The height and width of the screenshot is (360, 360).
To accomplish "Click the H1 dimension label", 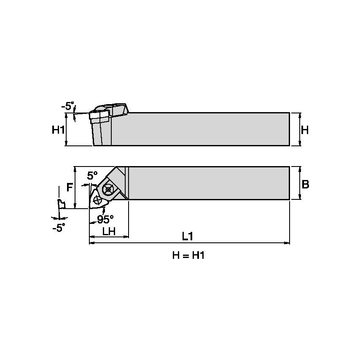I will click(58, 130).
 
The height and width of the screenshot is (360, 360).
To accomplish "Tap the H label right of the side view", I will click(305, 130).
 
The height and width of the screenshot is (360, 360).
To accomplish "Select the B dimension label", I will click(306, 184).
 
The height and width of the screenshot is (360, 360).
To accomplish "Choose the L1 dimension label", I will click(187, 236).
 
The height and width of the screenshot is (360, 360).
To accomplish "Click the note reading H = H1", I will click(188, 255).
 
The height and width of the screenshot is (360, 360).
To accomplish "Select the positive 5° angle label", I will click(92, 175).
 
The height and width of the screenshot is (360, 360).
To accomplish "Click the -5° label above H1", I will click(67, 106).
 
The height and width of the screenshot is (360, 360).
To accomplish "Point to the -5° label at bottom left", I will click(59, 228).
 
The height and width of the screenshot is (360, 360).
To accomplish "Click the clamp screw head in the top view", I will click(108, 189).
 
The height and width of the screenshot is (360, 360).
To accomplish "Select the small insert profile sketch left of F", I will click(62, 204).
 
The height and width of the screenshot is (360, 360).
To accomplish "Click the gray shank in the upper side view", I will click(202, 129).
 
